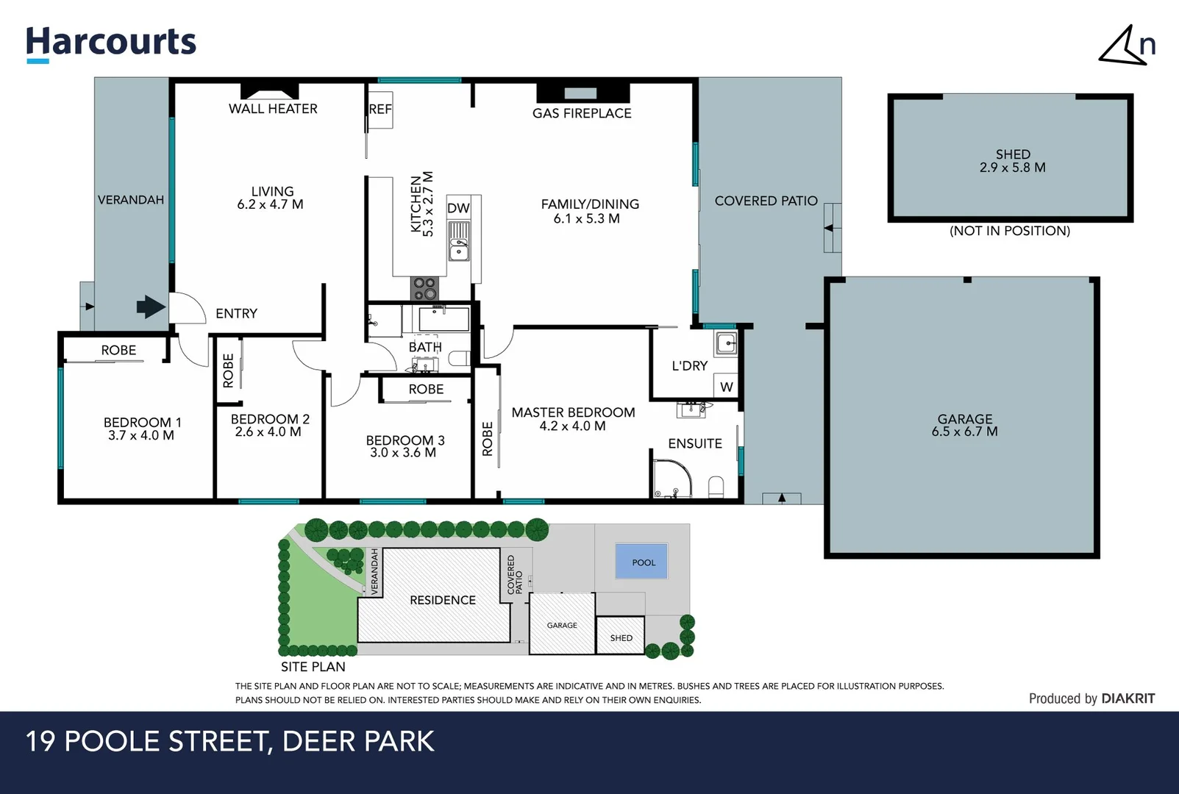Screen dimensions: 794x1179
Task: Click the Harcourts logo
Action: point(111,43)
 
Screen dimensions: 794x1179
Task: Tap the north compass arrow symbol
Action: point(1125,46)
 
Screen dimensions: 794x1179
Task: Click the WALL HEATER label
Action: point(273,109)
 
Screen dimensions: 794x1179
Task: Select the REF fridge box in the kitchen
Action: point(380,110)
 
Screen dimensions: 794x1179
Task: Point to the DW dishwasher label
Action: point(458,208)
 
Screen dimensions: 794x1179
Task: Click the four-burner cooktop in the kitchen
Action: point(424,288)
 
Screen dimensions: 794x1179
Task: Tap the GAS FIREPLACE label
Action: point(582,113)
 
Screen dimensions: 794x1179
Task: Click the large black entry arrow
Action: point(151,307)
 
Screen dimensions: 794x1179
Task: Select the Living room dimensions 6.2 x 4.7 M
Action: point(270,205)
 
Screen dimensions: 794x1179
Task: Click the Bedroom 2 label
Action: point(270,419)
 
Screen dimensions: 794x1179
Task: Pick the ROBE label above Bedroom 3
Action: point(426,389)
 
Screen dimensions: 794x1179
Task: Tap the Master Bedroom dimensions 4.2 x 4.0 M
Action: point(572,426)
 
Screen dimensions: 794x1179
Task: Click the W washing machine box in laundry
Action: point(727,387)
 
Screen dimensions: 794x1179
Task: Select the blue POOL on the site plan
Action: point(642,562)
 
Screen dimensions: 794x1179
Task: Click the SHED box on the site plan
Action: point(621,636)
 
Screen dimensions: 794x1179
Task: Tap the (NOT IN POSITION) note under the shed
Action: point(1010,231)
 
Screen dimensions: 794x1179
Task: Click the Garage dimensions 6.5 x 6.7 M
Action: point(964,432)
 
